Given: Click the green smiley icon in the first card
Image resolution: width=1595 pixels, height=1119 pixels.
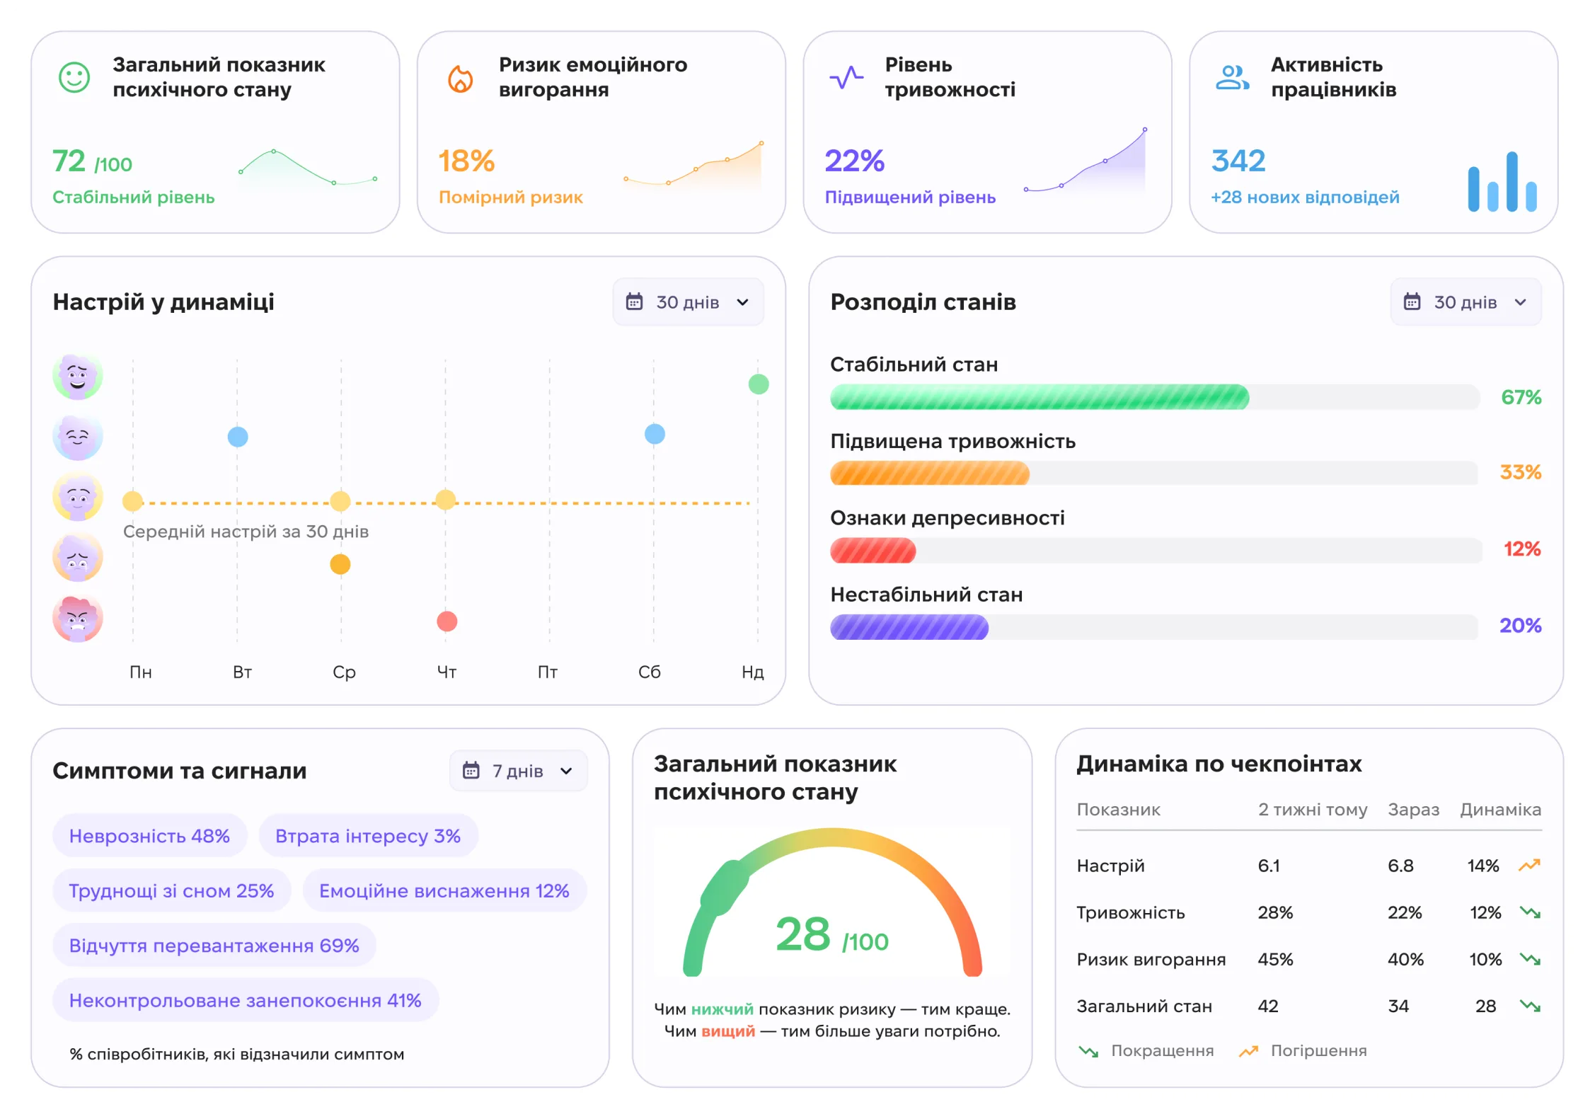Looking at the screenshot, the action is (x=74, y=77).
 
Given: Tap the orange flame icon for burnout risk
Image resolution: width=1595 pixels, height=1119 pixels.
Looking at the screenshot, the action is (x=460, y=78).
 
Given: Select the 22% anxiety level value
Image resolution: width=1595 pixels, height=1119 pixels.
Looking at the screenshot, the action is (x=854, y=161).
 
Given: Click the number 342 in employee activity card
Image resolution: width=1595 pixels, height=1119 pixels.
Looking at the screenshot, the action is (x=1238, y=161).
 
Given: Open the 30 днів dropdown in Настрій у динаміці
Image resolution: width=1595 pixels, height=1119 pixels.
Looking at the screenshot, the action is (x=688, y=302).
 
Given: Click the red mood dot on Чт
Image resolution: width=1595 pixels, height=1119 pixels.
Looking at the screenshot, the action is (x=447, y=621).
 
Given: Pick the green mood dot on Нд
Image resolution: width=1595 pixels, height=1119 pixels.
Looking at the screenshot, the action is (x=759, y=384).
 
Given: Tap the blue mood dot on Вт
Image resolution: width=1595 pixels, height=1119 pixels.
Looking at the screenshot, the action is (x=238, y=437).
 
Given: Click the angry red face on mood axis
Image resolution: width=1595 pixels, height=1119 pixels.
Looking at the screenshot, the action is (x=78, y=619).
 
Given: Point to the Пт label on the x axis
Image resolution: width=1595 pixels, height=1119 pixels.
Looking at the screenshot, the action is (x=548, y=672).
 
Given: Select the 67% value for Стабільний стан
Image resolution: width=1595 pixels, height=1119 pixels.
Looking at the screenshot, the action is (x=1521, y=397).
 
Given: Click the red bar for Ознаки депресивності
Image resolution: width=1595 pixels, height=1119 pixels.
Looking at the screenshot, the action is (x=873, y=551).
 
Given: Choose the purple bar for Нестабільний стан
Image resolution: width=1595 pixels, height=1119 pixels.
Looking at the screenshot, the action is (x=909, y=627).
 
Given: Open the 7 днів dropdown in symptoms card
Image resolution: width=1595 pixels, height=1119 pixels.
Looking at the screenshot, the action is (x=518, y=771).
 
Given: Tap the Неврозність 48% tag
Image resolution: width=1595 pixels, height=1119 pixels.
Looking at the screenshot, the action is (x=149, y=836).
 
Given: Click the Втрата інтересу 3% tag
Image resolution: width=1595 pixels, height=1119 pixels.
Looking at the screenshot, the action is (x=368, y=836).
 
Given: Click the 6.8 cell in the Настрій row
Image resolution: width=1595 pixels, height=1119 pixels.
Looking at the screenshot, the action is (x=1400, y=866).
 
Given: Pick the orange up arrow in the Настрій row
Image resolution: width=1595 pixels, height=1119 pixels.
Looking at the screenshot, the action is (x=1529, y=865).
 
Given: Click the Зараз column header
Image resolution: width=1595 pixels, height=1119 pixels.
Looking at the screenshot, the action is (x=1413, y=810).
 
